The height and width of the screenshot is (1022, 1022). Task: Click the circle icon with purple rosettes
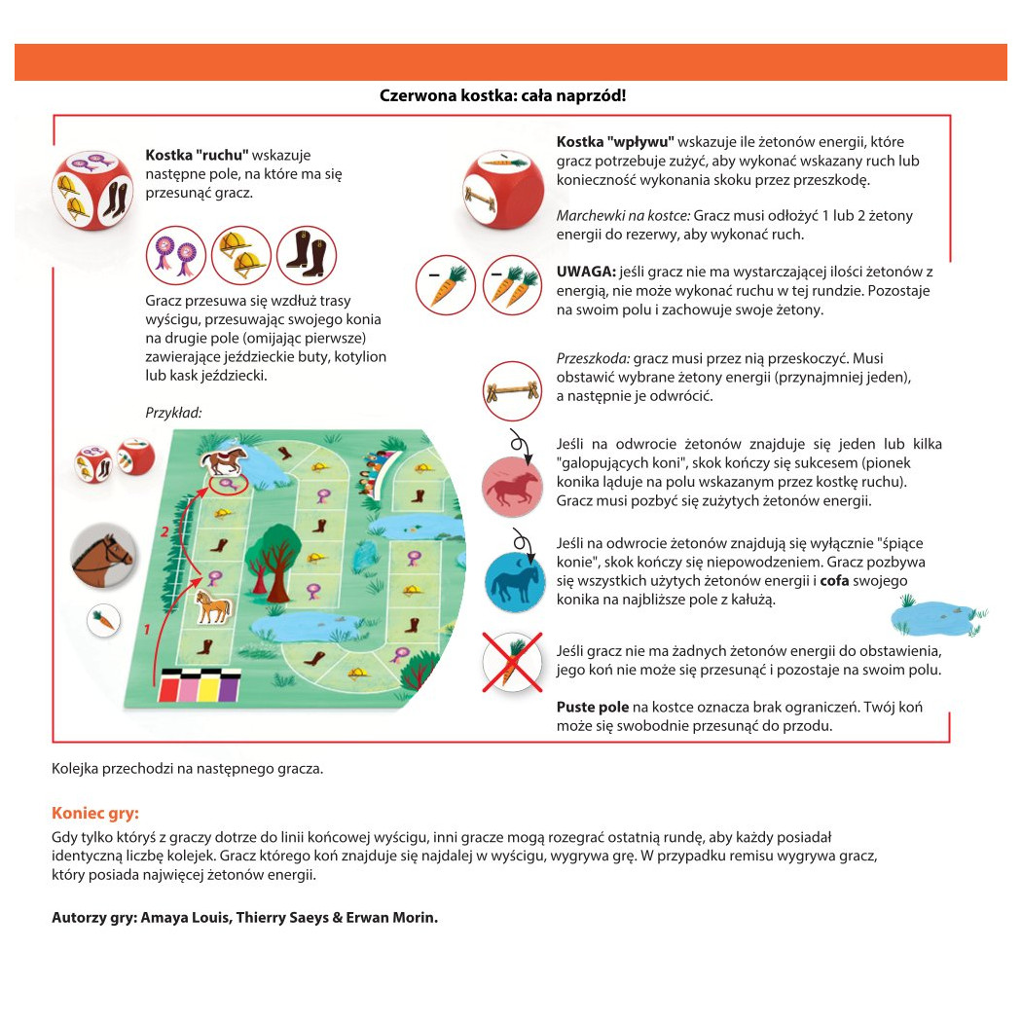pyautogui.click(x=176, y=255)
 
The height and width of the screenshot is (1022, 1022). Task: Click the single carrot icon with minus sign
pyautogui.click(x=444, y=283)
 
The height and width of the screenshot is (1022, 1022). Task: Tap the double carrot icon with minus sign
pyautogui.click(x=512, y=283)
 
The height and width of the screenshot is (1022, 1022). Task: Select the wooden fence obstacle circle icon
pyautogui.click(x=512, y=390)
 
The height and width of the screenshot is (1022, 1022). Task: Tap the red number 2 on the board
pyautogui.click(x=165, y=530)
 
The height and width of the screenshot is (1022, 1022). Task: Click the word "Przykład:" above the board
pyautogui.click(x=173, y=412)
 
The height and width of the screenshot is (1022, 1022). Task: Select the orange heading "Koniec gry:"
pyautogui.click(x=95, y=813)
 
